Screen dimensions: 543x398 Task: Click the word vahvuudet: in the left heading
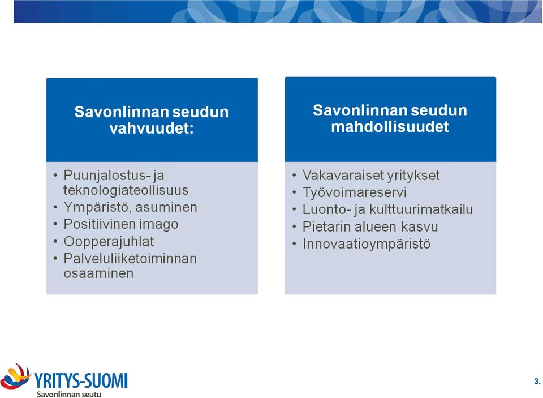tap(152, 129)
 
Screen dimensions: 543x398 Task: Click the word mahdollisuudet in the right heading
tap(390, 127)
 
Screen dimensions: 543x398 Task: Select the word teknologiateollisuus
tap(126, 190)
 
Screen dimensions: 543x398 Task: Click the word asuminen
tap(166, 207)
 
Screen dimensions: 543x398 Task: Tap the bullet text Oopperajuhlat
tap(109, 242)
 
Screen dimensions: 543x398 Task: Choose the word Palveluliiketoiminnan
tap(130, 259)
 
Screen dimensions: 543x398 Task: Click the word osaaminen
tap(98, 273)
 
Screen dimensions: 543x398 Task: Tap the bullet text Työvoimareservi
tap(355, 192)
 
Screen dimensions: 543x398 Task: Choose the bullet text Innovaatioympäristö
tap(367, 244)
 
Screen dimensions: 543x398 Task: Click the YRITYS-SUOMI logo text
tap(81, 380)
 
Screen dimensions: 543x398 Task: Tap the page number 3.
tap(537, 382)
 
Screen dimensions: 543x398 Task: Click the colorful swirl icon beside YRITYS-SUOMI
tap(15, 376)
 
